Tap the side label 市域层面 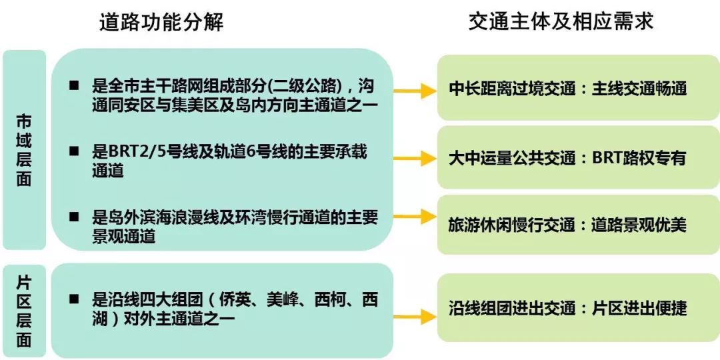click(24, 151)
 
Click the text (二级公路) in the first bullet click(310, 86)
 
